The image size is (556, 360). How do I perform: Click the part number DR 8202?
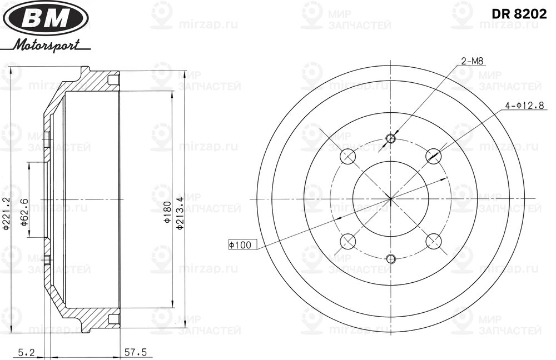[x=518, y=14]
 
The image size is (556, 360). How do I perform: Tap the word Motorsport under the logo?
[x=47, y=44]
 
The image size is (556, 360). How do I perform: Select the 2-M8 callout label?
[x=471, y=61]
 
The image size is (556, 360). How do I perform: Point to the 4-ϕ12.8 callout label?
[x=524, y=106]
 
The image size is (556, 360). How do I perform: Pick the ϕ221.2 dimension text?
[x=7, y=213]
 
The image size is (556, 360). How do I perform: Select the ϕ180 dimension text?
[x=166, y=213]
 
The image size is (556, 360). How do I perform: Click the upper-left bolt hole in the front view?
[x=348, y=156]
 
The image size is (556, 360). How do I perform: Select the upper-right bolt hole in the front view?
[x=433, y=156]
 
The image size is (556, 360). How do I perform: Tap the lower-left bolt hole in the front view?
[x=348, y=241]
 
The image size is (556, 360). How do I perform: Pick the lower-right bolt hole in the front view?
[x=433, y=241]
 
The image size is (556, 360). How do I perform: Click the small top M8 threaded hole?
[x=390, y=138]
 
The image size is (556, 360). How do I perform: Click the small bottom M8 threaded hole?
[x=390, y=258]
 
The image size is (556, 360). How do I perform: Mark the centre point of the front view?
[x=390, y=198]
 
